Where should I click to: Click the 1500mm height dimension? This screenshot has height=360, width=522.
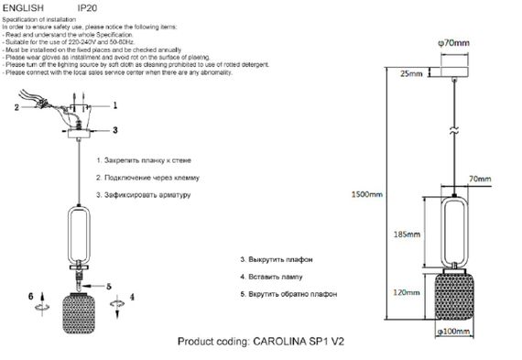click(x=366, y=195)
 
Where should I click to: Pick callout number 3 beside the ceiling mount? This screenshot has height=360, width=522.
click(x=114, y=131)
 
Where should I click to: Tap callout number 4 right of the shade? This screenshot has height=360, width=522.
click(x=132, y=297)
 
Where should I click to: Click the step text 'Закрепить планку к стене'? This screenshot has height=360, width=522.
click(x=147, y=160)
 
